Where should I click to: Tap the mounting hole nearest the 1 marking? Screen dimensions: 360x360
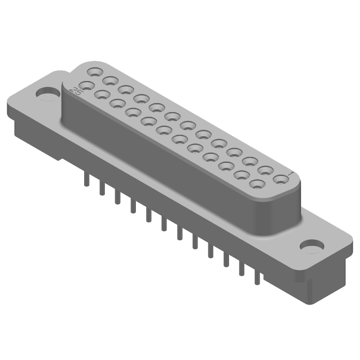click(311, 246)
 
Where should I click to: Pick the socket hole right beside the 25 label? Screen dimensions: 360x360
click(87, 85)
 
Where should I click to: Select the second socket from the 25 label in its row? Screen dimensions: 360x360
click(102, 94)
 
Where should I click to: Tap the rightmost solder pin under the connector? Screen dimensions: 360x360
click(257, 277)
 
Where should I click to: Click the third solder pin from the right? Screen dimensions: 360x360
click(226, 260)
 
